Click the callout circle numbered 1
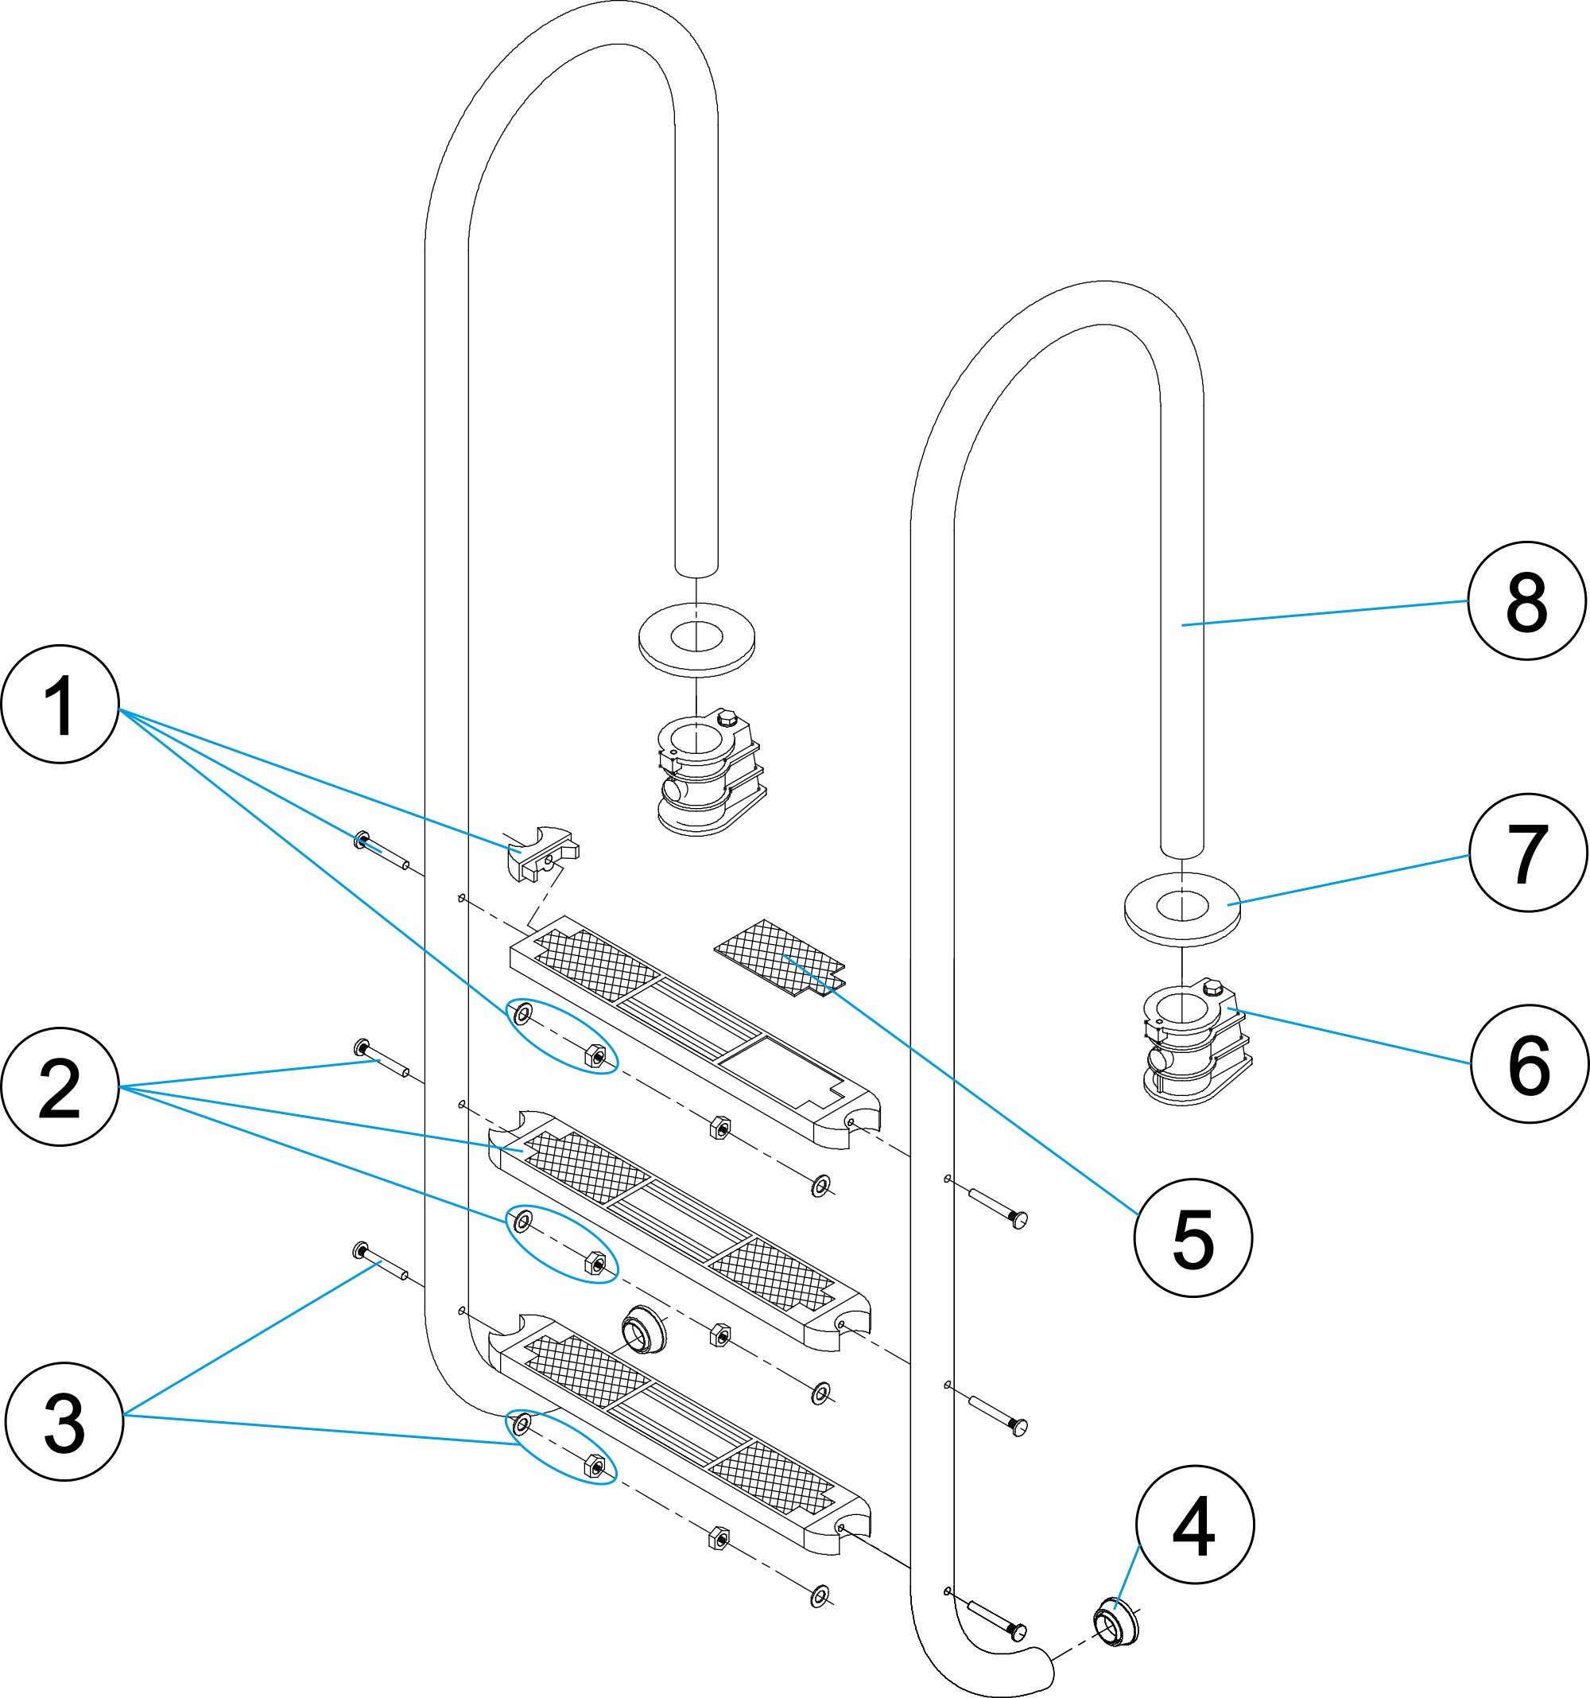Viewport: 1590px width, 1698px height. coord(60,705)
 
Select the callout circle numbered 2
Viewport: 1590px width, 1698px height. coord(60,1086)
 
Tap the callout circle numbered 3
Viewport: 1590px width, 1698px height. coord(64,1421)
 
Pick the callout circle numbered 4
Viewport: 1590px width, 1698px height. coord(1195,1525)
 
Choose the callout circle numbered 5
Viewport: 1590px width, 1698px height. coord(1193,1238)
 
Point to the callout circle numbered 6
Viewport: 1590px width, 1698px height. coord(1529,1063)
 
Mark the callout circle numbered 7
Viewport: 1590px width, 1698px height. coord(1528,853)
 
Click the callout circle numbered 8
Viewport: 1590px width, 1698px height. coord(1526,600)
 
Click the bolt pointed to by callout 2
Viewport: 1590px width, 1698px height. coord(382,1059)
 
